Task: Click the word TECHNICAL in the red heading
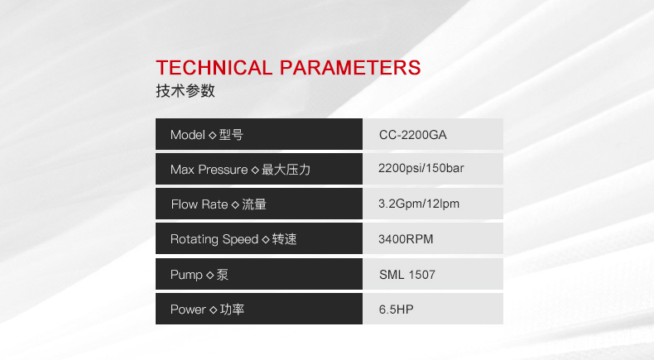214,68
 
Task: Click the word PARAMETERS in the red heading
350,68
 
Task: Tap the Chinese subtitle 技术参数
185,90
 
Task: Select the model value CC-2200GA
413,135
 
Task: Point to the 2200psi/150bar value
421,168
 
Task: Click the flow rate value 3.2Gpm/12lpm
419,204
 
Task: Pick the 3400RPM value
406,239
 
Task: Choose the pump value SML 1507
407,275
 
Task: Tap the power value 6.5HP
397,310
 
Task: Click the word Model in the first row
188,135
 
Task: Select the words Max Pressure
209,170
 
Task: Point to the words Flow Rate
200,204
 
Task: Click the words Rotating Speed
214,239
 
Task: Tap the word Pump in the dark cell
186,275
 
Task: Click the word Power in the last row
188,310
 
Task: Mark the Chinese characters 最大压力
286,170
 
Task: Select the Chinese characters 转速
285,239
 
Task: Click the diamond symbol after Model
212,135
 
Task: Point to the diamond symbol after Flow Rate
235,204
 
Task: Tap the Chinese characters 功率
232,310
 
